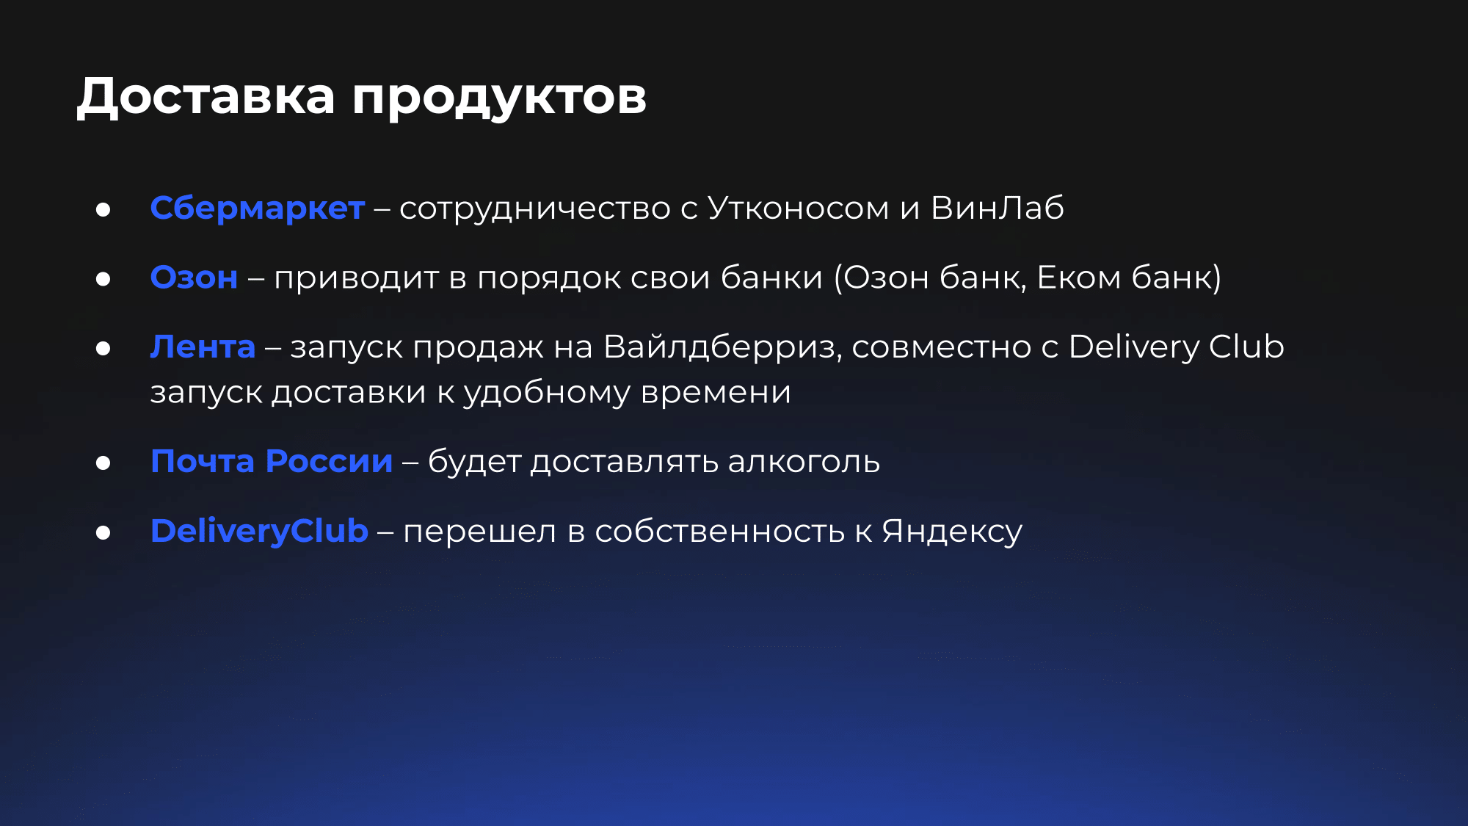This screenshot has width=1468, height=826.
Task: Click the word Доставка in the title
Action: tap(206, 96)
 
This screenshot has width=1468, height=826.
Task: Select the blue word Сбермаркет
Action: tap(258, 209)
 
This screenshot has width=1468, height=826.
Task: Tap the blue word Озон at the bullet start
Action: tap(194, 278)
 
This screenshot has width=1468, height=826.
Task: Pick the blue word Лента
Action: tap(203, 347)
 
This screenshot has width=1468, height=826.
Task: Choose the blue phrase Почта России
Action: tap(272, 462)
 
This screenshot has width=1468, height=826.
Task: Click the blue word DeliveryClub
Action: tap(259, 531)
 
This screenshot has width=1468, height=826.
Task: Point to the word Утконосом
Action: tap(799, 208)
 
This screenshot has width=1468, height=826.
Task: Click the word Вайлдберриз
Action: tap(722, 347)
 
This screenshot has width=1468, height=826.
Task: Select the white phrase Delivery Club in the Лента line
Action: tap(1177, 347)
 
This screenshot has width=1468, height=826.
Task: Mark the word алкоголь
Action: tap(804, 462)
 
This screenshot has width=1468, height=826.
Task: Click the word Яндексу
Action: tap(952, 532)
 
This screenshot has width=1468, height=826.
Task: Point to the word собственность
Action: tap(719, 532)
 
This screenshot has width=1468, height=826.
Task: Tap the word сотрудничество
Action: tap(535, 209)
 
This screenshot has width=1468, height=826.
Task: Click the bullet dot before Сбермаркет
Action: tap(103, 210)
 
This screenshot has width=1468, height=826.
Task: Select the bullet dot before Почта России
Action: tap(103, 463)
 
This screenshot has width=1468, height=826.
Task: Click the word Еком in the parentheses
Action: tap(1079, 278)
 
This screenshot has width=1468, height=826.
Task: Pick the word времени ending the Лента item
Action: tap(716, 393)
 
